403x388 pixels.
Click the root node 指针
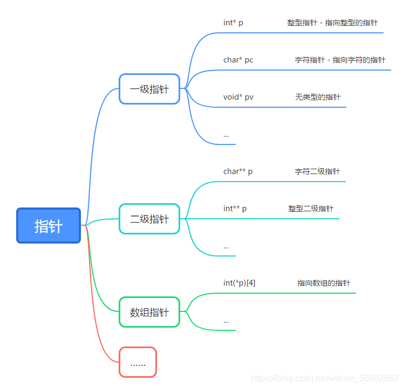49,226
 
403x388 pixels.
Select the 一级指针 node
149,89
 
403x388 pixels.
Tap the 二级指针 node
149,219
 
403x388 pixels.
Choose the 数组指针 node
149,312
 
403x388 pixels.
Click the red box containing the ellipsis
138,362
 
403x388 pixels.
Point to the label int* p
233,23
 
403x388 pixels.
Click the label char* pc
238,60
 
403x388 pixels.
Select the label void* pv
238,97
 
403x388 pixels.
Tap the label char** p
238,171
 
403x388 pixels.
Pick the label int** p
235,209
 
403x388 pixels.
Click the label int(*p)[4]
239,283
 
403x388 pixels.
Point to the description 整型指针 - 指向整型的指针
332,23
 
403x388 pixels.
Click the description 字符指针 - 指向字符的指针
340,60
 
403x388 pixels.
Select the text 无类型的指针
318,97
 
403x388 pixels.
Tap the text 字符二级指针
317,171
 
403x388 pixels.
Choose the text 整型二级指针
311,209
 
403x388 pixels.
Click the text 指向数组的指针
324,283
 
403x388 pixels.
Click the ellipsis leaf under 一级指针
226,135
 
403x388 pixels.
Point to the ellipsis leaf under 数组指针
226,321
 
